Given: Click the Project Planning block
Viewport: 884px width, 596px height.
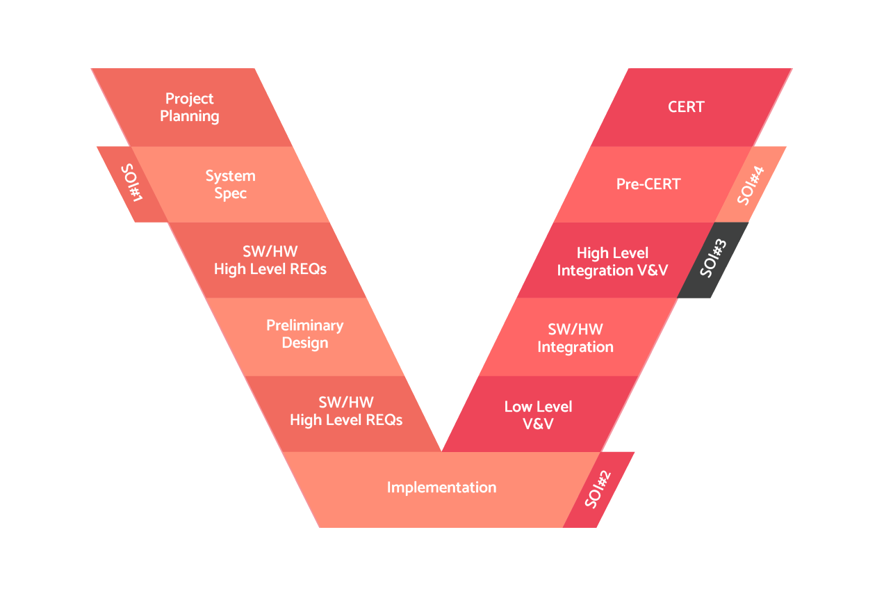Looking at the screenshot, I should [190, 107].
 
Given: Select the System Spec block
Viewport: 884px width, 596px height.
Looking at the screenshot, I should [230, 184].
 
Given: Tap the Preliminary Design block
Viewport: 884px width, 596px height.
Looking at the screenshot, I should [304, 334].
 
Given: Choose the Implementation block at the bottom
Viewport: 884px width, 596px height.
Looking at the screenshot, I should [442, 488].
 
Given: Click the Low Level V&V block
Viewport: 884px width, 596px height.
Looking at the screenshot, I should [539, 414].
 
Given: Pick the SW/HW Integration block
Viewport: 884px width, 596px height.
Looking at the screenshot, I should [575, 338].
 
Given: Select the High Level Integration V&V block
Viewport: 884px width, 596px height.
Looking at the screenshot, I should [612, 261].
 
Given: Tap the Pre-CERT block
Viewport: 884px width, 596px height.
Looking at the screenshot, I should [648, 184].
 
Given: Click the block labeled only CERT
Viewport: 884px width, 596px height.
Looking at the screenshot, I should [686, 107].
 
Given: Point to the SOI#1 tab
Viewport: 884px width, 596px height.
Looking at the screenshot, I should [131, 184].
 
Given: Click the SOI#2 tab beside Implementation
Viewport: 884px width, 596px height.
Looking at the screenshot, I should [598, 490].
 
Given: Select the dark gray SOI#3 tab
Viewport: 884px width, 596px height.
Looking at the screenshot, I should [713, 259].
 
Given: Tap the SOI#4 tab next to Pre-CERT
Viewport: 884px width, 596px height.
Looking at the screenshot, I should [751, 184].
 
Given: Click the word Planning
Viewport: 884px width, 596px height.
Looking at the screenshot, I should [190, 116].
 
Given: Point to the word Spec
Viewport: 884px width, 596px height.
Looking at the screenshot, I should [231, 193].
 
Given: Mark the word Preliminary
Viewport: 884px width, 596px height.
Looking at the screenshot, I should [304, 325].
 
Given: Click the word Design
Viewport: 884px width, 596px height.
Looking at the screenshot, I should [304, 343].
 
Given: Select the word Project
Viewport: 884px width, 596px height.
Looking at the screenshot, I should [190, 99].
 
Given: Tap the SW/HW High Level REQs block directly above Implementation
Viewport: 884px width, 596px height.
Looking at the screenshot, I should [346, 411].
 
